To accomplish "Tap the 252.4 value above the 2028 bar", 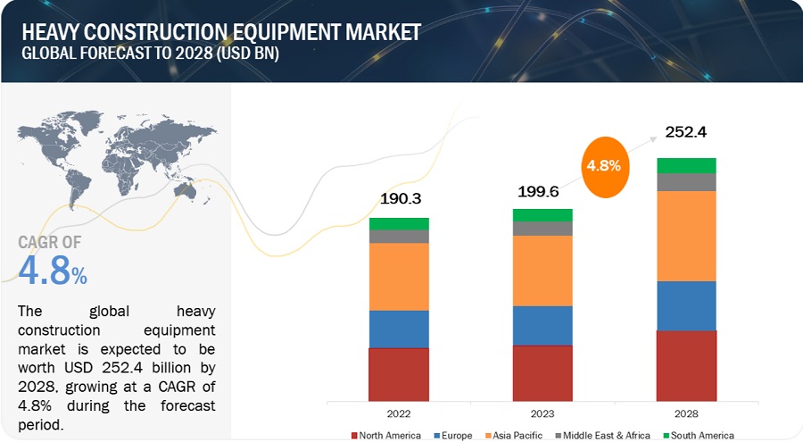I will click(x=686, y=133).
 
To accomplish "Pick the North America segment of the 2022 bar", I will click(x=399, y=373).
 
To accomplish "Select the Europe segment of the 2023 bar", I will click(x=542, y=325).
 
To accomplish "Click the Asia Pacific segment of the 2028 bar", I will click(x=686, y=236).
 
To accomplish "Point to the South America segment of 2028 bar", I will click(x=686, y=165).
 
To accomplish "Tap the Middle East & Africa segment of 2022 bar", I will click(x=399, y=237).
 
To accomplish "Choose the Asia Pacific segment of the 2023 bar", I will click(x=542, y=271).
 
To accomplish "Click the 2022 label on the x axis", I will click(x=399, y=414).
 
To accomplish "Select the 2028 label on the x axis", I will click(x=686, y=414).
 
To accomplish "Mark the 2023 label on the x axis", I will click(x=542, y=414).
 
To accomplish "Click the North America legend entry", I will click(x=385, y=435).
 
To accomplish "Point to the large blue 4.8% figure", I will click(x=53, y=271).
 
